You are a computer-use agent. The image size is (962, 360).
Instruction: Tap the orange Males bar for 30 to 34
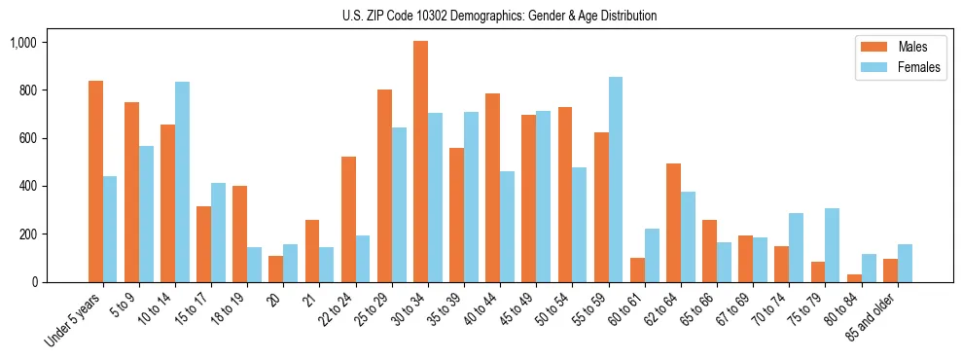pos(420,162)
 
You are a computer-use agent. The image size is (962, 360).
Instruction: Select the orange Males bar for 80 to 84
pos(854,278)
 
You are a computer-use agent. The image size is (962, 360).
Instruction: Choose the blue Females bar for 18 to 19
pos(255,265)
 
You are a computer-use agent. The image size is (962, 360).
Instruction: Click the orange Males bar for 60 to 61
pos(637,270)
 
